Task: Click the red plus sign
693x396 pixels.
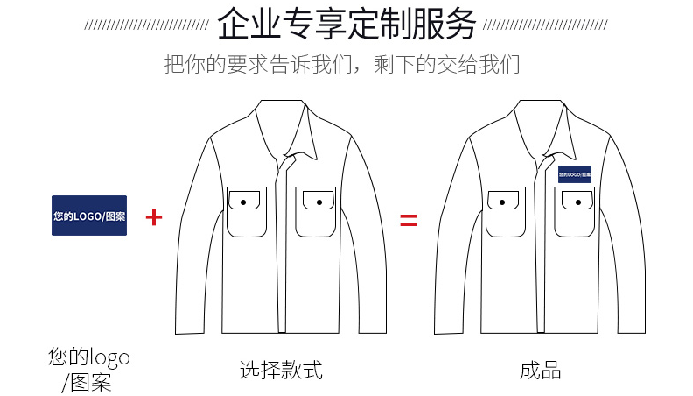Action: pyautogui.click(x=154, y=216)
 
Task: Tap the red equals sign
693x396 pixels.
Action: pyautogui.click(x=409, y=219)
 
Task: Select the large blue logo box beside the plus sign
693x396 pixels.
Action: pyautogui.click(x=89, y=216)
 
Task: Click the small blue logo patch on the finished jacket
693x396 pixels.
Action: pyautogui.click(x=575, y=174)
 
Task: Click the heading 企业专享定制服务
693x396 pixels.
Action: pyautogui.click(x=346, y=24)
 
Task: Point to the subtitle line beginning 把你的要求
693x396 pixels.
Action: pyautogui.click(x=342, y=65)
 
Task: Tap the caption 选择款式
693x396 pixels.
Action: pyautogui.click(x=281, y=370)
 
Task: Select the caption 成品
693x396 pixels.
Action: pyautogui.click(x=540, y=370)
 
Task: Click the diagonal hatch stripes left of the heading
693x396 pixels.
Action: pyautogui.click(x=145, y=25)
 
